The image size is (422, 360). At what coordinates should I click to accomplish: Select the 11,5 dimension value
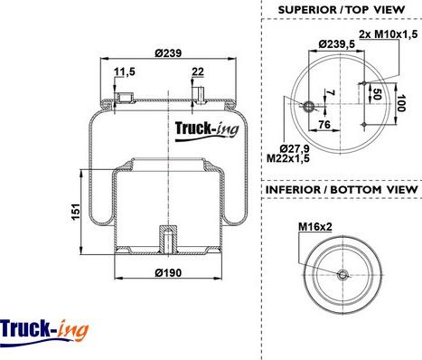point(125,71)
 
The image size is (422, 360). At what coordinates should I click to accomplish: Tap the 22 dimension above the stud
point(198,71)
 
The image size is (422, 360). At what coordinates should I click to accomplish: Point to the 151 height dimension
point(76,212)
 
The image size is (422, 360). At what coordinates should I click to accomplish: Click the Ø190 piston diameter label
point(168,273)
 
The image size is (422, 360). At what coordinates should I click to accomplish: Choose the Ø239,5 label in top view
point(337,44)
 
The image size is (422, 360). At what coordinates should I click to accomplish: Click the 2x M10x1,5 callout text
point(389,34)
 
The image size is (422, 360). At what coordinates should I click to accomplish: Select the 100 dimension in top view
point(401,103)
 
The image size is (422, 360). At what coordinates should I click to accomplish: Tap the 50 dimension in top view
point(377,94)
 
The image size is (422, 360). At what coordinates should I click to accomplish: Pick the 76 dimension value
point(324,124)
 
